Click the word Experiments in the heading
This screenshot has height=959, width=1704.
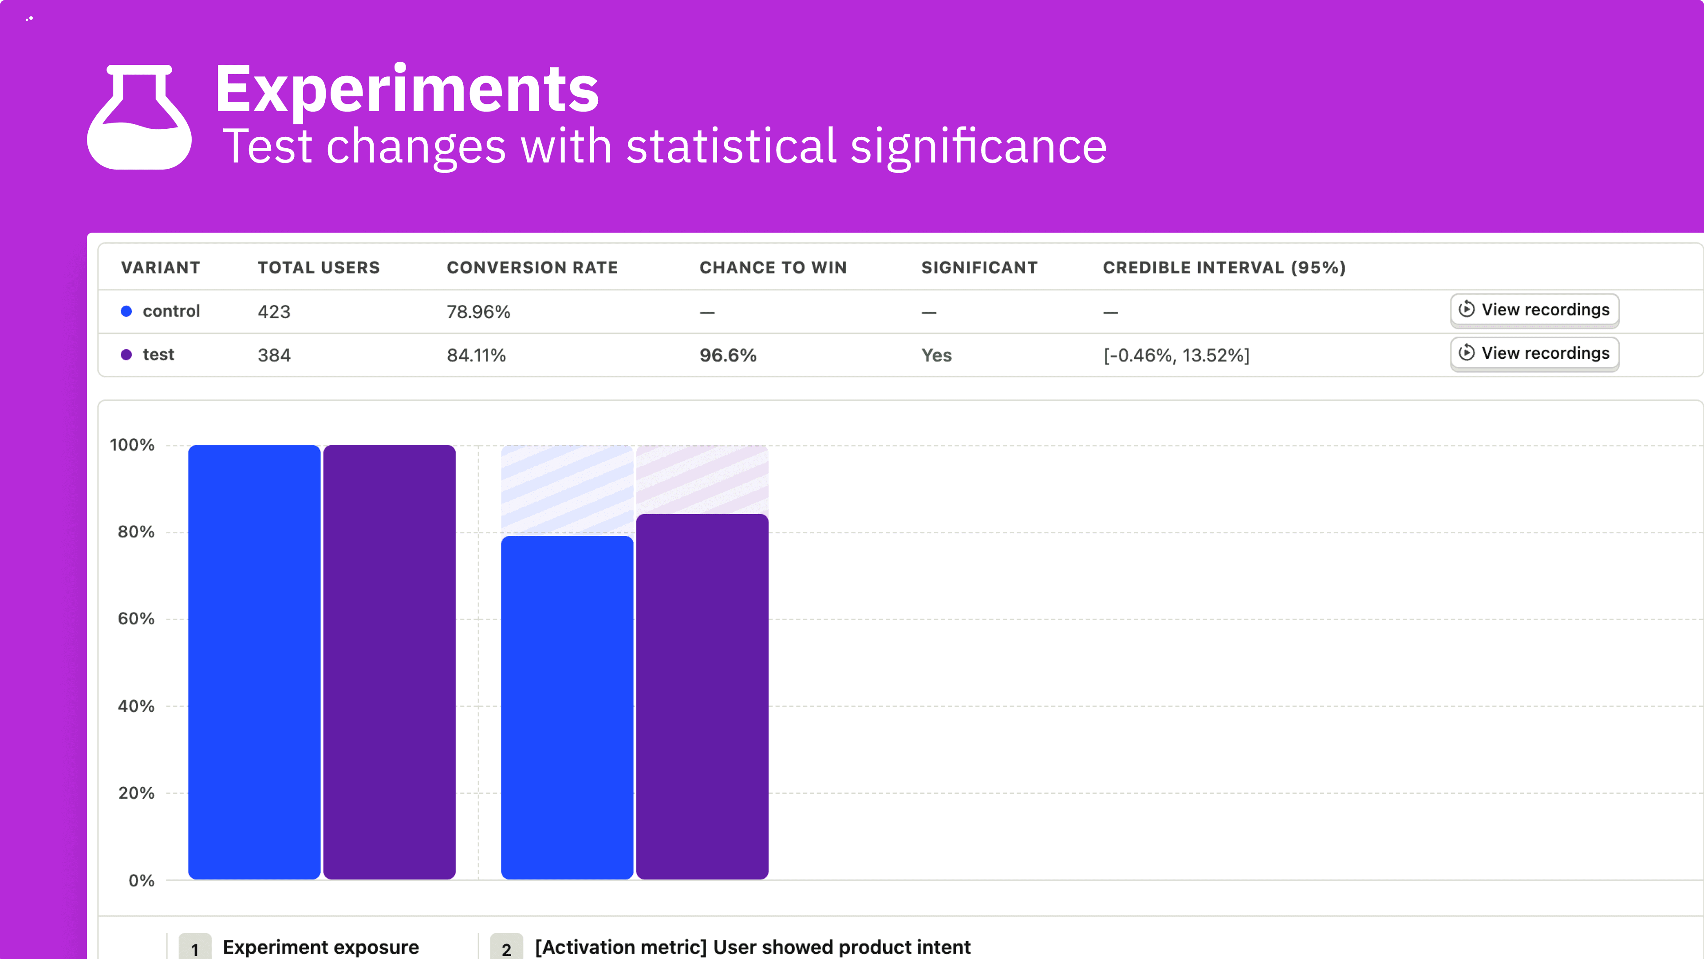pyautogui.click(x=407, y=89)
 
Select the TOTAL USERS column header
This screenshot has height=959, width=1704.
pyautogui.click(x=319, y=267)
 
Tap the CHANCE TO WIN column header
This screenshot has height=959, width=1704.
pyautogui.click(x=773, y=267)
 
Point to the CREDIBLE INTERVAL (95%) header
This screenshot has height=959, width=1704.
pyautogui.click(x=1224, y=267)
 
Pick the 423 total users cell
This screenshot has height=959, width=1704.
pyautogui.click(x=274, y=312)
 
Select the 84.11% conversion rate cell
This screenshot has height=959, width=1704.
pyautogui.click(x=476, y=355)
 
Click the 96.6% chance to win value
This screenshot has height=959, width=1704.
pyautogui.click(x=728, y=355)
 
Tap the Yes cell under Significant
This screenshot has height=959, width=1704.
pyautogui.click(x=936, y=355)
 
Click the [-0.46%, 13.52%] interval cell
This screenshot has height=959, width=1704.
pyautogui.click(x=1176, y=355)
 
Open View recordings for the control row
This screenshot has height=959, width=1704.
pyautogui.click(x=1534, y=310)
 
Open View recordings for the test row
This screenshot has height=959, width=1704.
pyautogui.click(x=1534, y=353)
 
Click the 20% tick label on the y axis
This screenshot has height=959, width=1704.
pyautogui.click(x=136, y=793)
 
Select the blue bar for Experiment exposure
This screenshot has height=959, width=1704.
pyautogui.click(x=254, y=662)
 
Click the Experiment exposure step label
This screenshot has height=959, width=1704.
pyautogui.click(x=321, y=947)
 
